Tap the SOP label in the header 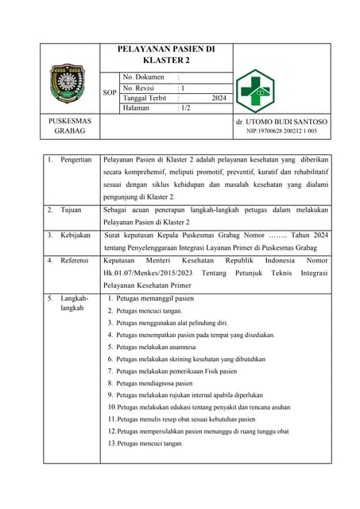click(110, 93)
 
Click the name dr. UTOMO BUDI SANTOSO click(282, 122)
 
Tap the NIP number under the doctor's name click(282, 131)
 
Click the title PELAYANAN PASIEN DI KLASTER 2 click(166, 55)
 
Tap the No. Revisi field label click(139, 88)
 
